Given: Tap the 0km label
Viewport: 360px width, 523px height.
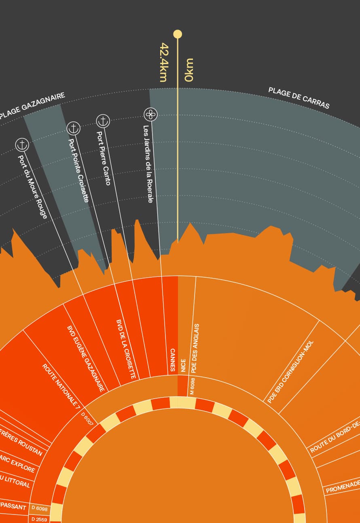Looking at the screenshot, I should pos(189,70).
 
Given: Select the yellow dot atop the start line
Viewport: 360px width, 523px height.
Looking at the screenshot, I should pos(178,34).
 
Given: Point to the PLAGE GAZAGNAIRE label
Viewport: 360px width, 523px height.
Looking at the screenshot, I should pos(32,106).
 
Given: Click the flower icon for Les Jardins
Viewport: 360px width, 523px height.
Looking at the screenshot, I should pos(150,115).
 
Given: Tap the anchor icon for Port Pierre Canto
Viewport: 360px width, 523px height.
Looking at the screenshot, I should pos(103,121).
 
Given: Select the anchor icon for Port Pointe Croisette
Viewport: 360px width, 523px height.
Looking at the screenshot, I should pos(74,128).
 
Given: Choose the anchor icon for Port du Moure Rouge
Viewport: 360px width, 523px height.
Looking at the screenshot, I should pos(22,144).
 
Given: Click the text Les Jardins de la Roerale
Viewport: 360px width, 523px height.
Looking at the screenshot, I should pos(148,164).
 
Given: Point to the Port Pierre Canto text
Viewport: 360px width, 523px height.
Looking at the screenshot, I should pos(104,158).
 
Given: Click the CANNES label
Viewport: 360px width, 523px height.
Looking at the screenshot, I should pos(172,360).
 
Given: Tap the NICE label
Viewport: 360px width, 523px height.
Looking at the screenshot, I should pos(183,365).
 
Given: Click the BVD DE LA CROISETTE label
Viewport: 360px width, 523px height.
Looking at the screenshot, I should pos(126,349).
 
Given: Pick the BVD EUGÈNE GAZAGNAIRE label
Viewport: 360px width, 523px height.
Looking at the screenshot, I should pos(86,358).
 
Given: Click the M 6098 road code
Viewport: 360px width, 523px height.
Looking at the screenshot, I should pos(192,386).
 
